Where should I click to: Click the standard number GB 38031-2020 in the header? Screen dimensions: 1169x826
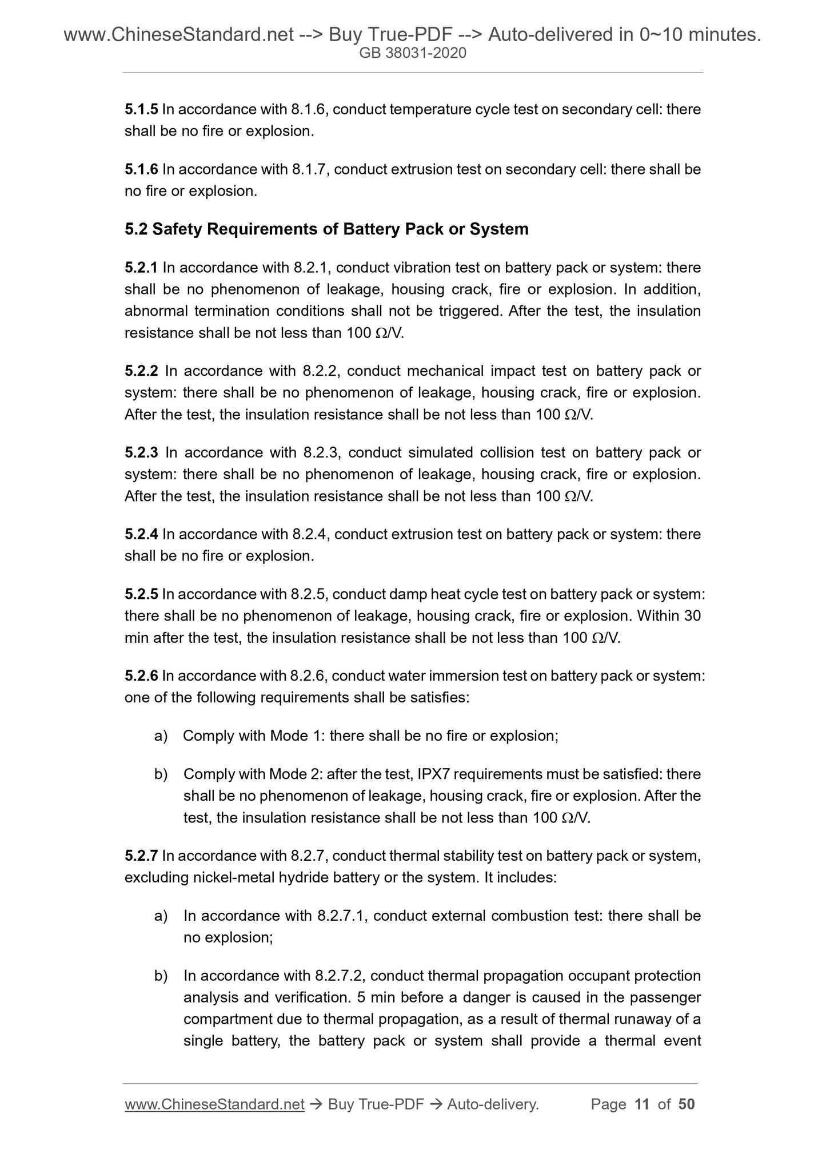click(x=413, y=54)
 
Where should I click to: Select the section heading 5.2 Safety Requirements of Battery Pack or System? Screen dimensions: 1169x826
click(x=326, y=229)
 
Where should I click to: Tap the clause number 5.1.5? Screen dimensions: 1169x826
click(x=141, y=109)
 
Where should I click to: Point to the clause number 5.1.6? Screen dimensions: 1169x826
click(x=141, y=169)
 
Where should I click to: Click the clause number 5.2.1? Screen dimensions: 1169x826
click(x=141, y=268)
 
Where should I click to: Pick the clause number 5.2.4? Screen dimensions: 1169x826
click(x=141, y=534)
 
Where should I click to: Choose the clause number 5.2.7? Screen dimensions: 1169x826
click(x=141, y=856)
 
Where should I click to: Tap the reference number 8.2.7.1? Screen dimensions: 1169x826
click(x=341, y=916)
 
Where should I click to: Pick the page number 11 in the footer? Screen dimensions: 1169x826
click(x=642, y=1104)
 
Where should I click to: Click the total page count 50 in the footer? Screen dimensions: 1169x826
click(x=686, y=1104)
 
